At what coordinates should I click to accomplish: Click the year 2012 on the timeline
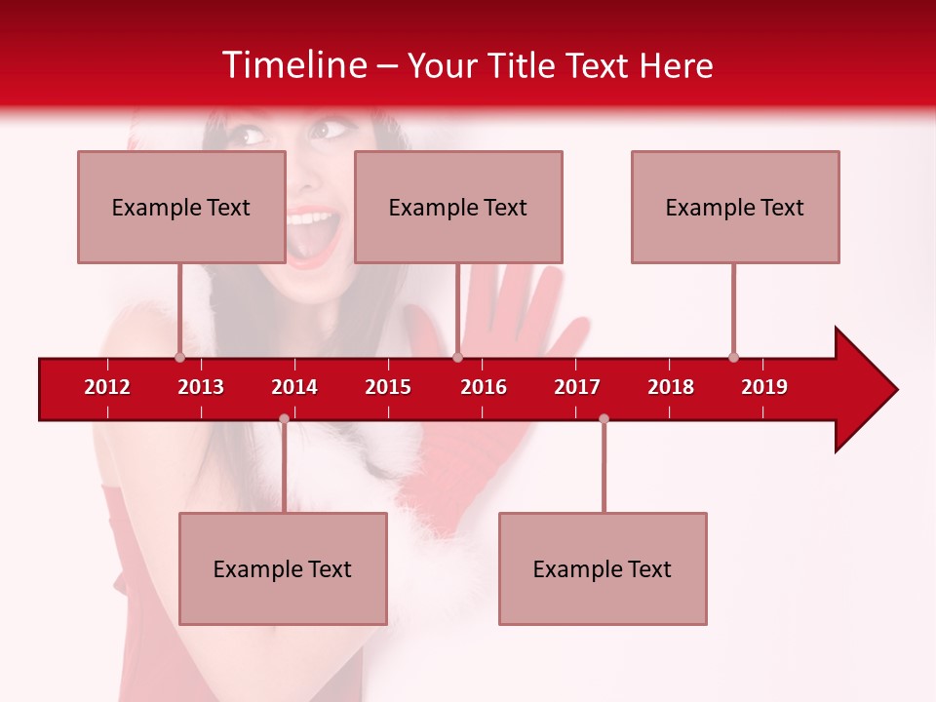point(107,387)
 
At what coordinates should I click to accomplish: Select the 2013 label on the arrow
point(201,387)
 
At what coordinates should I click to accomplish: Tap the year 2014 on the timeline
point(294,387)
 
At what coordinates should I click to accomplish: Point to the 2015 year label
point(388,387)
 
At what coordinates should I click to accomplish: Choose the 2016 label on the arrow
point(484,387)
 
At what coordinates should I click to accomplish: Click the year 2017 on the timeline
point(577,387)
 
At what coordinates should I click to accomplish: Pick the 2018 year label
point(671,387)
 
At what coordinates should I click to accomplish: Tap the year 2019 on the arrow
point(764,387)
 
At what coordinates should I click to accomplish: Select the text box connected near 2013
point(181,207)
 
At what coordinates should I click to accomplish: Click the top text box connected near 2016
point(458,207)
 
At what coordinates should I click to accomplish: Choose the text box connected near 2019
point(735,207)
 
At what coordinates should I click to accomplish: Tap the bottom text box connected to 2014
point(283,568)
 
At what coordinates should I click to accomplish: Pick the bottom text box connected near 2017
point(603,568)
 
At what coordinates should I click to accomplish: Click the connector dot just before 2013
point(179,357)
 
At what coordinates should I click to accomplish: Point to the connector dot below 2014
point(284,419)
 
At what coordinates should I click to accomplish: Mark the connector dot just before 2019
point(733,357)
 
